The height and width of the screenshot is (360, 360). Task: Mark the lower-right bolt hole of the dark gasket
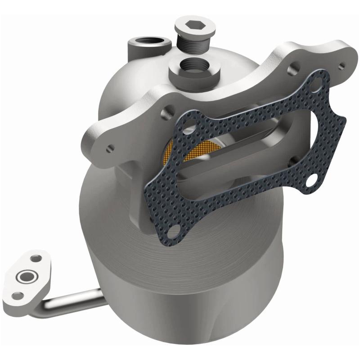pyautogui.click(x=310, y=180)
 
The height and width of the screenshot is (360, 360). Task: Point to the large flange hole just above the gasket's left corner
pyautogui.click(x=170, y=108)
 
